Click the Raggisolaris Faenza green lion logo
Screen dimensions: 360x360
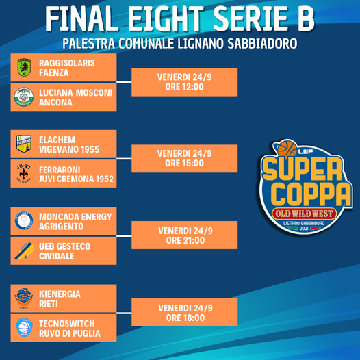click(x=25, y=68)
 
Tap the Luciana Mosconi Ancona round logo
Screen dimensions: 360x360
click(x=24, y=97)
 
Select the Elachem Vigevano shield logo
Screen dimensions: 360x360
click(x=24, y=144)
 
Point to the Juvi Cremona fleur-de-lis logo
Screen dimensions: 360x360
click(x=24, y=173)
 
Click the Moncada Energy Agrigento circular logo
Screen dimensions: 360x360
click(x=24, y=220)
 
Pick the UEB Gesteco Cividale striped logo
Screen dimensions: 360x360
click(x=25, y=250)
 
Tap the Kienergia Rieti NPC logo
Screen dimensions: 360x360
click(x=24, y=298)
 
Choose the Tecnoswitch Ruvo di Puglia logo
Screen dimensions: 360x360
click(x=25, y=328)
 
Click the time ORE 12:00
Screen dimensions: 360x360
click(x=184, y=87)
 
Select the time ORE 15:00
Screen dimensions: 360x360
click(x=184, y=163)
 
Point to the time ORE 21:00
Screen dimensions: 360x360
click(x=185, y=240)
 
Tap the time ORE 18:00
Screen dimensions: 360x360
click(x=185, y=318)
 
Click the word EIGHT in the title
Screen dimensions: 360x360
click(x=166, y=18)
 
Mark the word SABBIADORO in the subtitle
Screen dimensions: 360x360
click(x=262, y=43)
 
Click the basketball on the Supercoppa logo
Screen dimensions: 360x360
click(x=287, y=149)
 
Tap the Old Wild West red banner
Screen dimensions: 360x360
click(x=304, y=214)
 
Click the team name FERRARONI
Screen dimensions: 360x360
click(x=60, y=170)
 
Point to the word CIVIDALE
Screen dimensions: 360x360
click(x=57, y=256)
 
